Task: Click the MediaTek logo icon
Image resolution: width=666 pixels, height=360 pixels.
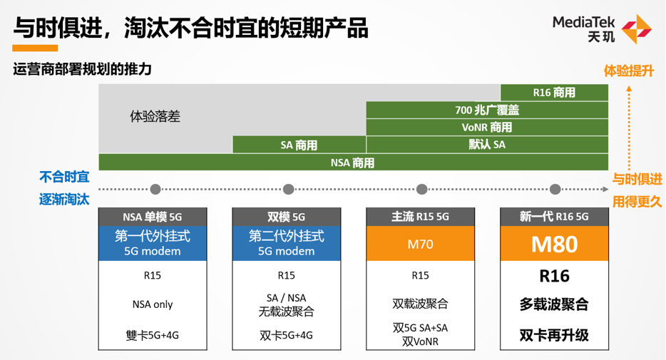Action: click(636, 29)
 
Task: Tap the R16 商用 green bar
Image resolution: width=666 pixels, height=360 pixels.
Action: click(554, 93)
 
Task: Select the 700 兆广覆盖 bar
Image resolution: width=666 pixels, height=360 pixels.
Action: click(487, 110)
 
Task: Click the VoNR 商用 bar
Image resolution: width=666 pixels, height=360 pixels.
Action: click(487, 128)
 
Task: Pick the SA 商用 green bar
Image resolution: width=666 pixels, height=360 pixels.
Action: click(299, 145)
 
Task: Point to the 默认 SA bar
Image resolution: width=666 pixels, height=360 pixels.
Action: click(487, 145)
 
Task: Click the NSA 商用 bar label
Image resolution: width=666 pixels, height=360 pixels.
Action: click(352, 163)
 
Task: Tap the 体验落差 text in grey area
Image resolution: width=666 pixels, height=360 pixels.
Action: click(155, 116)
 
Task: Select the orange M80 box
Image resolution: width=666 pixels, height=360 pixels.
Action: click(554, 244)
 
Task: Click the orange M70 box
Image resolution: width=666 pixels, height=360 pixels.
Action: click(420, 244)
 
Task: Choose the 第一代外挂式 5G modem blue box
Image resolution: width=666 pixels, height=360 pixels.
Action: click(153, 244)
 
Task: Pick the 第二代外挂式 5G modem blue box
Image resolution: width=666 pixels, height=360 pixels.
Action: click(286, 244)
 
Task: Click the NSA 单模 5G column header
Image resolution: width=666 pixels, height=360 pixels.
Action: click(153, 217)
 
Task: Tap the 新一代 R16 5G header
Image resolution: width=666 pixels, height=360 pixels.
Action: click(554, 217)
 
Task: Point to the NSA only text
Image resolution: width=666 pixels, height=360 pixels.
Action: click(153, 304)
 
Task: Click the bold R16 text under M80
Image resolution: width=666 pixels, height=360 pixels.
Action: click(554, 277)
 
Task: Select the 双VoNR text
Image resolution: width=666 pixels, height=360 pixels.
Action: click(420, 341)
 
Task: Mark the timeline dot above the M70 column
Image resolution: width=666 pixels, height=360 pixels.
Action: click(421, 190)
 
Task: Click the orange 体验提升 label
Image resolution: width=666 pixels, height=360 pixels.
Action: click(629, 71)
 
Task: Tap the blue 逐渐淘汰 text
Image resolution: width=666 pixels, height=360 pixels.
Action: click(64, 199)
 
